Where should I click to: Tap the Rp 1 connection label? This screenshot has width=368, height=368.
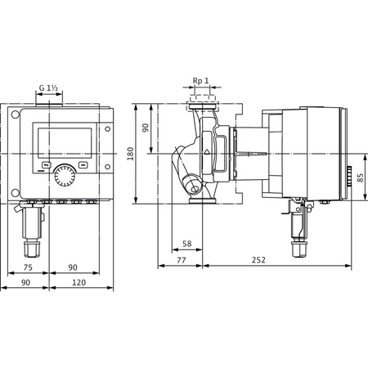200,81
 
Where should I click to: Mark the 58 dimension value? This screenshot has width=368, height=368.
186,244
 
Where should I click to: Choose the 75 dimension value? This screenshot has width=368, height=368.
28,267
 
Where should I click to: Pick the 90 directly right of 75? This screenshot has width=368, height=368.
74,267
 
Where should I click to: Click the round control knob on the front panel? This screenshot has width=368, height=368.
63,176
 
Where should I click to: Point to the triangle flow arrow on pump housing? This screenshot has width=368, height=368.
209,152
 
